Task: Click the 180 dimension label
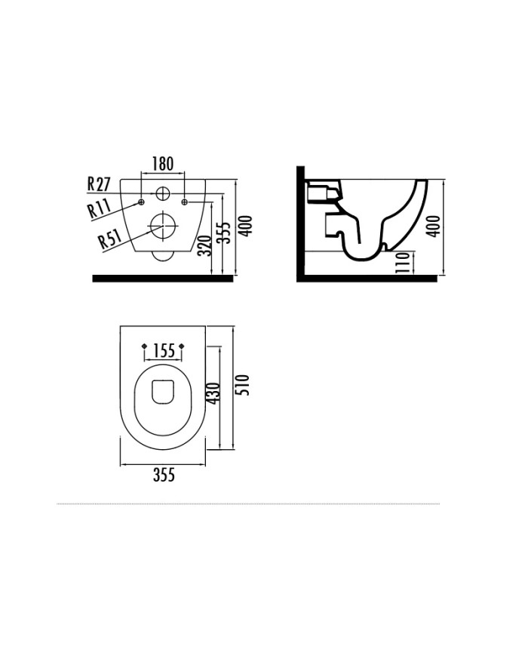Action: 163,164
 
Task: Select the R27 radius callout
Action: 99,184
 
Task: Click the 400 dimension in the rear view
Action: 246,226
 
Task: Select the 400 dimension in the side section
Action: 434,226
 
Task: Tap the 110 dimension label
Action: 402,263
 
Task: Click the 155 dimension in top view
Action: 163,350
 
